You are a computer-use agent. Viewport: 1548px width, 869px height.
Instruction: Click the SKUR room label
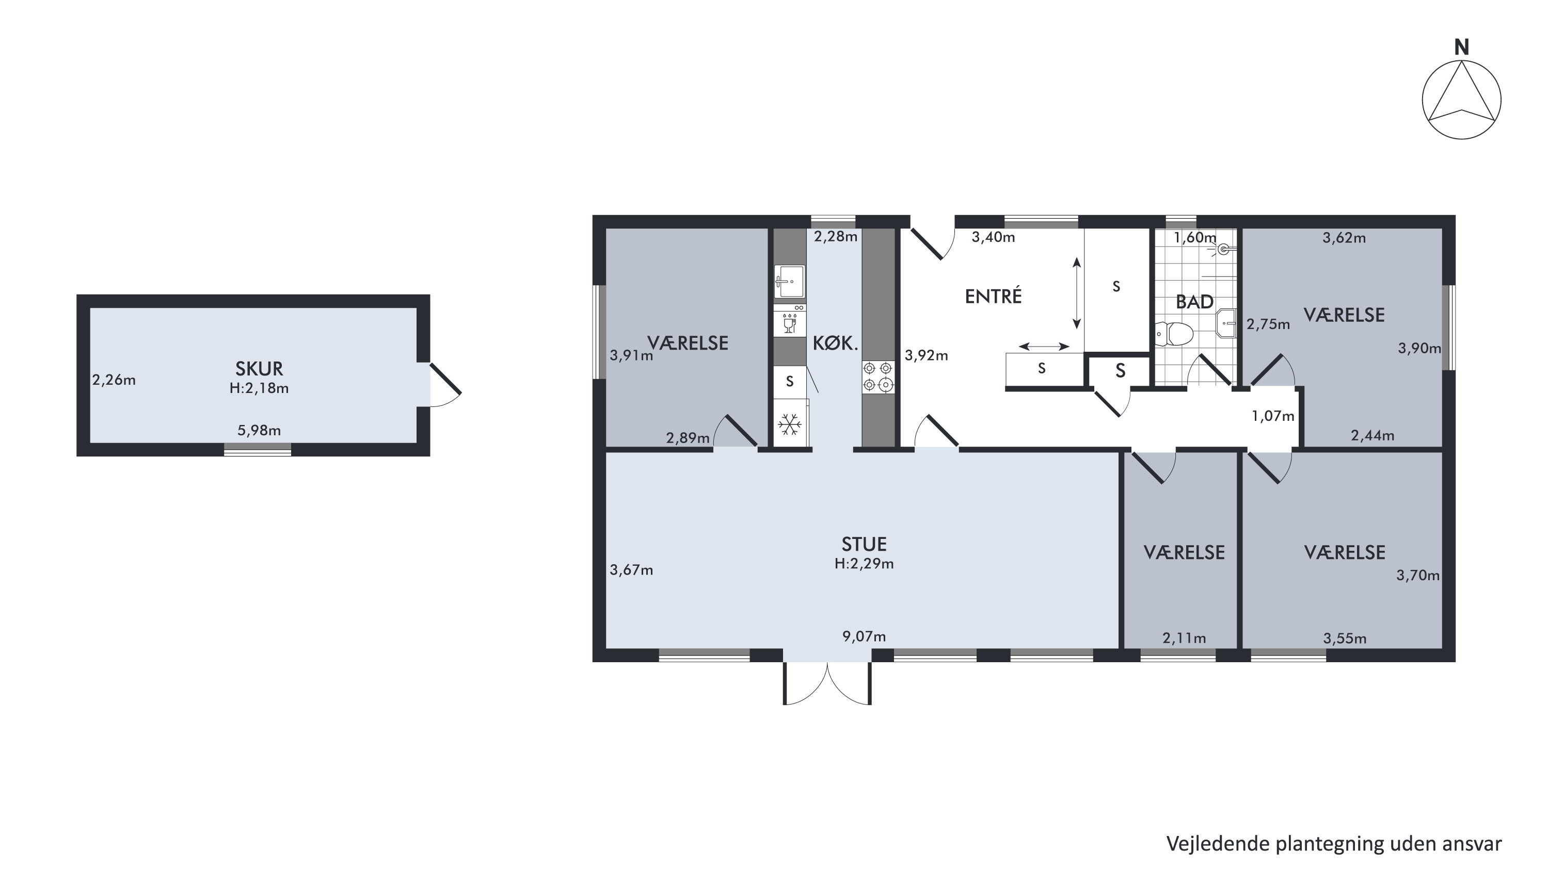pos(259,368)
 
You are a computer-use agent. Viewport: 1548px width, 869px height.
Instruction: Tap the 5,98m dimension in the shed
pos(259,431)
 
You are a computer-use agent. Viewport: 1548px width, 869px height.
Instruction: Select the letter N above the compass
pos(1461,47)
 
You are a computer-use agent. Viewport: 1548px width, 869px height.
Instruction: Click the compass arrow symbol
pos(1461,100)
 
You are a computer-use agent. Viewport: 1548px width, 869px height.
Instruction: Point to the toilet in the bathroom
pos(1174,334)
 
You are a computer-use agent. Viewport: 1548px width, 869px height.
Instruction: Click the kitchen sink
pos(790,281)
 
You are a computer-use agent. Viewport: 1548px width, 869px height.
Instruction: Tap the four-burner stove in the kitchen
pos(878,376)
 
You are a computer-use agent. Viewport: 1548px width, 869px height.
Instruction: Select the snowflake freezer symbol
pos(790,424)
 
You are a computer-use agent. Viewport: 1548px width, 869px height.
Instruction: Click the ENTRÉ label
pos(993,296)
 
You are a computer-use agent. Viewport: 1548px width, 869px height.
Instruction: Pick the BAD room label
pos(1194,302)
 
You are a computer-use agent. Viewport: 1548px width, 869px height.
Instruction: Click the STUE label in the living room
pos(864,544)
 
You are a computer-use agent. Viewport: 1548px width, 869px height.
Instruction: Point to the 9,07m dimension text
pos(864,636)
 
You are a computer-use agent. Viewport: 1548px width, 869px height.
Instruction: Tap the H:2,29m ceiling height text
pos(864,564)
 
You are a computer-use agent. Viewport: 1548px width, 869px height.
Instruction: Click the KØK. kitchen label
pos(835,343)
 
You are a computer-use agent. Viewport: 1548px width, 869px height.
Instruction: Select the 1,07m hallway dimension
pos(1273,416)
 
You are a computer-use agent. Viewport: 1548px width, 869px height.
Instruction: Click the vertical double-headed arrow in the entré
pos(1077,293)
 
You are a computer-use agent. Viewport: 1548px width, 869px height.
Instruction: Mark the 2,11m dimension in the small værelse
pos(1184,638)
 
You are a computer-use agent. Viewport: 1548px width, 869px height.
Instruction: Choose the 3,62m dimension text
pos(1344,238)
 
